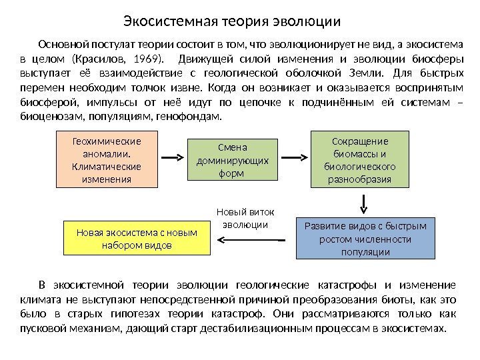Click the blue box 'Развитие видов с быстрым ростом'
click(x=365, y=238)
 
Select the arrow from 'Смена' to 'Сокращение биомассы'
click(x=295, y=157)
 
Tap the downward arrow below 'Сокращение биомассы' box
click(x=364, y=201)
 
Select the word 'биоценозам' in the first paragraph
click(x=44, y=117)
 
